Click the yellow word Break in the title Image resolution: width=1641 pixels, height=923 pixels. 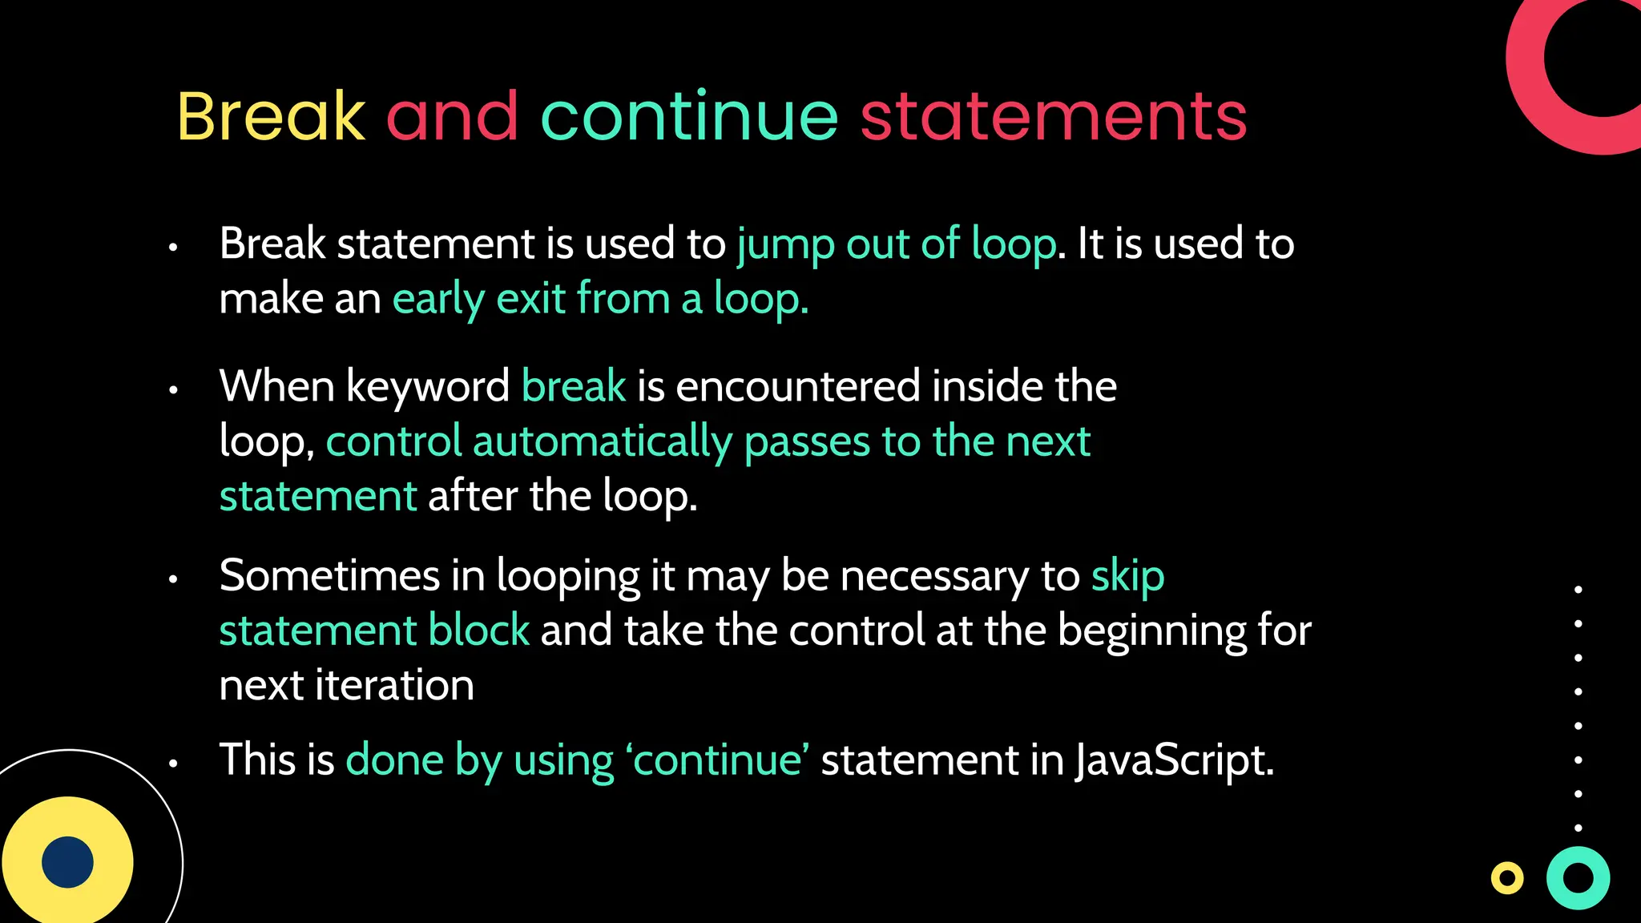pos(271,117)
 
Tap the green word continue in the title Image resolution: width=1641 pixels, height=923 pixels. pos(689,117)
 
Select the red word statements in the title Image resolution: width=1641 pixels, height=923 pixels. pos(1053,117)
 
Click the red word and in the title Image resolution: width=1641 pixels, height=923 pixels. pos(453,117)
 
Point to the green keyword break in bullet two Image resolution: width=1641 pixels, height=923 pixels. pos(573,386)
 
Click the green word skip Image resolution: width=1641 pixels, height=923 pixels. pos(1127,577)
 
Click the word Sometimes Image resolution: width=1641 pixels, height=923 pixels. pos(329,575)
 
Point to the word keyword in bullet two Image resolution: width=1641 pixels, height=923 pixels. pos(427,386)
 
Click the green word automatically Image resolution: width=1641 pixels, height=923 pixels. pos(602,441)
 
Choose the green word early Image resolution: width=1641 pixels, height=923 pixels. pos(438,300)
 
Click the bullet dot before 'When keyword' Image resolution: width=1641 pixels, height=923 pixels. pos(172,390)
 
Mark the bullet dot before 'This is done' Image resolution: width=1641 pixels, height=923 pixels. pos(172,764)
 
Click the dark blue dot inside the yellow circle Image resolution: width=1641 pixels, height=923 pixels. pos(67,862)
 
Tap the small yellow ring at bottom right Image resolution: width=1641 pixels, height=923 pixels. pos(1506,878)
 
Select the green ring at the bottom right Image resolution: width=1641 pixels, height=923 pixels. pos(1578,878)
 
